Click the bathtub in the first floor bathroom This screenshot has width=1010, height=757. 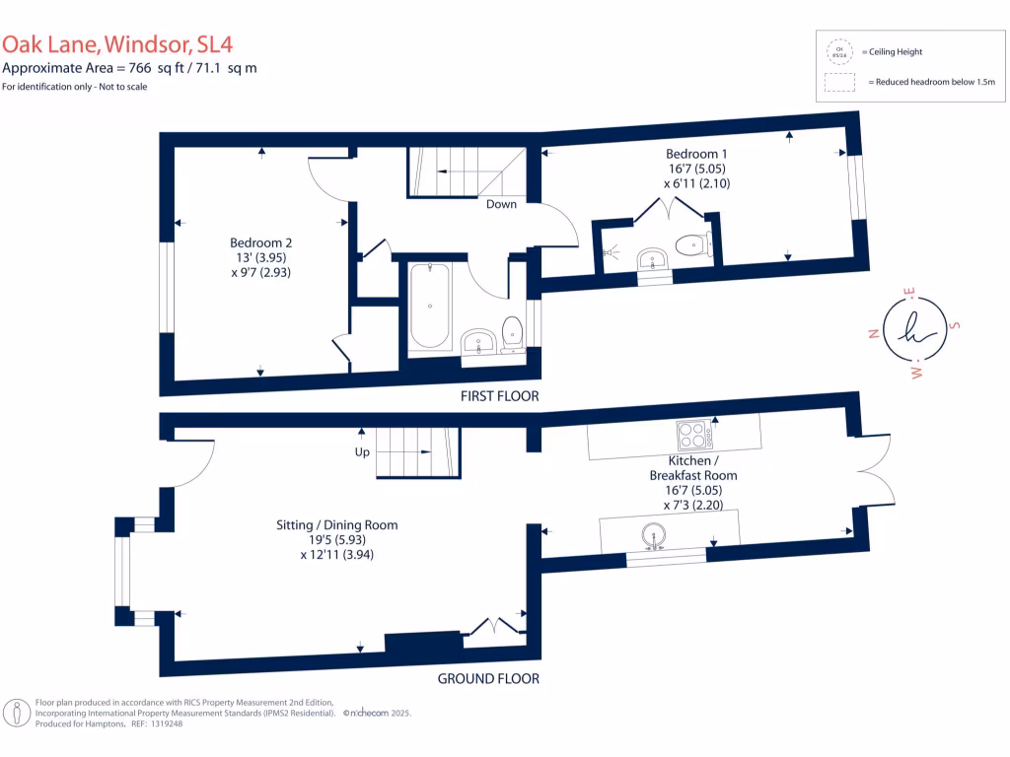[x=429, y=305]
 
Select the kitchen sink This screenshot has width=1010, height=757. [x=654, y=538]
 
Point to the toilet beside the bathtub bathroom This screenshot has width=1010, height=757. [x=512, y=333]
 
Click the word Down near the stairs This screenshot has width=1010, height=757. [x=501, y=205]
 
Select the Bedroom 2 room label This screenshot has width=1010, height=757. [x=260, y=257]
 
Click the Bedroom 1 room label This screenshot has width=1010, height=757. [x=697, y=169]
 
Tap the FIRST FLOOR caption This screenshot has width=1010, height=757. [x=499, y=396]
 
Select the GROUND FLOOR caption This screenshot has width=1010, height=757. [x=488, y=678]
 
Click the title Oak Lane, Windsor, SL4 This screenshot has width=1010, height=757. [x=117, y=44]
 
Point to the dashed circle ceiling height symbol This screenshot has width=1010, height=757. [x=839, y=52]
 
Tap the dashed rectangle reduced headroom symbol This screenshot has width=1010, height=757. [x=839, y=83]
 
